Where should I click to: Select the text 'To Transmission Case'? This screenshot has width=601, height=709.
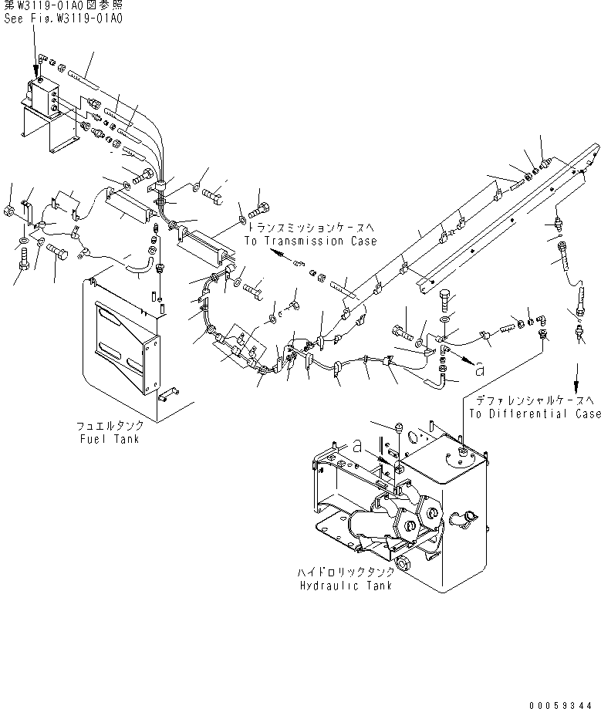point(310,241)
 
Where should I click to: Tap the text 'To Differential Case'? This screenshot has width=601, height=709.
point(534,414)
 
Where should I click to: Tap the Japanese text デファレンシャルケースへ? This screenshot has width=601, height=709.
point(534,401)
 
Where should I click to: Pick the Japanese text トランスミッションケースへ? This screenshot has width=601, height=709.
point(310,229)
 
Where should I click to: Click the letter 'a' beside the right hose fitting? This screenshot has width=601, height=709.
point(481,370)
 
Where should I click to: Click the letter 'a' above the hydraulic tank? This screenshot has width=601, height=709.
point(357,446)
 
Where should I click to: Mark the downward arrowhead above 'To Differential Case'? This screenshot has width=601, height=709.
point(575,387)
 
